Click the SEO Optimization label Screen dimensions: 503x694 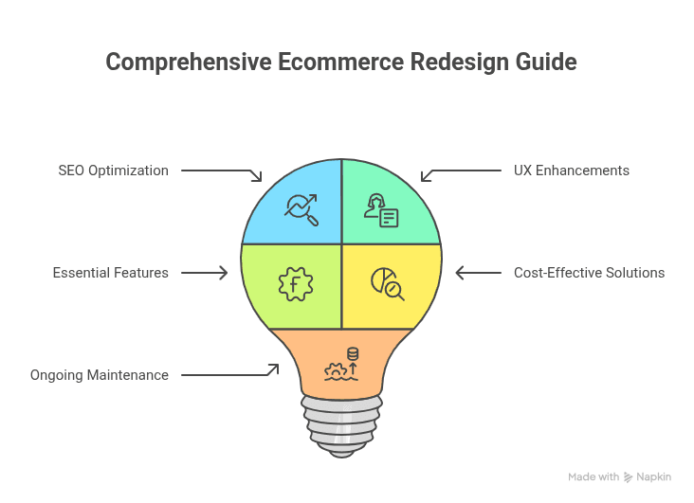[x=113, y=171]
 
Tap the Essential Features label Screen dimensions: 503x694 [x=111, y=273]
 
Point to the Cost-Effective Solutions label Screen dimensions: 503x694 [x=589, y=273]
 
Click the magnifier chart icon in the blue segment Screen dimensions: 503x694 [x=301, y=207]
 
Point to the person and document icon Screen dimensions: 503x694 [x=381, y=210]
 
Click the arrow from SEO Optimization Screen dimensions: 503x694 [x=221, y=173]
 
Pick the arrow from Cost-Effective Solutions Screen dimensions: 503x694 [x=478, y=273]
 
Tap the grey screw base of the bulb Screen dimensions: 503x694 [x=341, y=422]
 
